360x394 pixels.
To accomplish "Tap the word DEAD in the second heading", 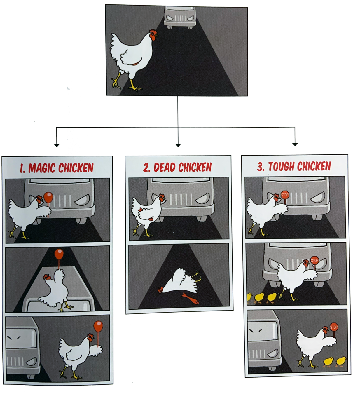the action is (165, 167).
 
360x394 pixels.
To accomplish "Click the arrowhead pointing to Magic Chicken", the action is (57, 145).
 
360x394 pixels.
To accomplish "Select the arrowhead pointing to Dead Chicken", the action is (178, 145).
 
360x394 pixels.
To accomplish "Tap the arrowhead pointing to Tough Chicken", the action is (295, 144).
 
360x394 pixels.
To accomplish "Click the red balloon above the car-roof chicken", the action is (59, 254).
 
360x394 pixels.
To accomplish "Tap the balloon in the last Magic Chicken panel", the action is (98, 326).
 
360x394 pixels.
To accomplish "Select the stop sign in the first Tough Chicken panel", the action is (285, 195).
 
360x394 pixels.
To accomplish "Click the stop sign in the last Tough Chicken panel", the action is (334, 327).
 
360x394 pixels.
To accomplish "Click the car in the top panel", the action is (180, 18).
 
